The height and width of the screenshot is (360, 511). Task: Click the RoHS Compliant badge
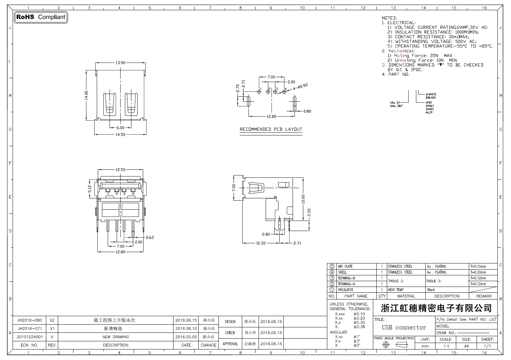click(x=41, y=17)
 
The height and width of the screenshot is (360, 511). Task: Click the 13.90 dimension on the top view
click(x=120, y=63)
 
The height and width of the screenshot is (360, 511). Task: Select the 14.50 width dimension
click(x=120, y=135)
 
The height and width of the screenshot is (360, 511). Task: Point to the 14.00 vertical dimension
click(x=86, y=95)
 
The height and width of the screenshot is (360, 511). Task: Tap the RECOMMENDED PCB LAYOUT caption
click(x=271, y=130)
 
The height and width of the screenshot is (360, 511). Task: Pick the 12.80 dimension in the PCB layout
click(x=271, y=117)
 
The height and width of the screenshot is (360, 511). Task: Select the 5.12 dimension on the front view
click(x=90, y=189)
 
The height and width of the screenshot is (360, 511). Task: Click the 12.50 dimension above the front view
click(x=120, y=170)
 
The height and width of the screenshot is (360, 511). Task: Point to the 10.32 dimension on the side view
click(x=261, y=243)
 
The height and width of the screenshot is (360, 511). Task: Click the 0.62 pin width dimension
click(x=150, y=238)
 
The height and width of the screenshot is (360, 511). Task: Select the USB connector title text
click(x=404, y=328)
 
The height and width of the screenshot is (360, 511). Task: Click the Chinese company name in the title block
click(x=436, y=308)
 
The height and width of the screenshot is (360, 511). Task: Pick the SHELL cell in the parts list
click(x=342, y=272)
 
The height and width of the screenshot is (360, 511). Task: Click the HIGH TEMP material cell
click(x=396, y=290)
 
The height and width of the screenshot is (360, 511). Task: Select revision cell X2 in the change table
click(x=52, y=320)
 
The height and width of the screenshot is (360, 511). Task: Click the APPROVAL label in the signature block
click(x=230, y=344)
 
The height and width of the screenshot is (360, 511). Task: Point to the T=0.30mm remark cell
click(x=478, y=272)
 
